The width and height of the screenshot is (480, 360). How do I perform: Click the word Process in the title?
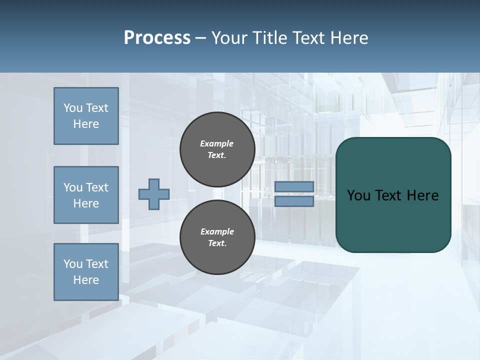[x=157, y=38]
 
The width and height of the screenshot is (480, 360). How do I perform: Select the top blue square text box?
[x=86, y=116]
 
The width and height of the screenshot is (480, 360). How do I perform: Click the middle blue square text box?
[x=86, y=195]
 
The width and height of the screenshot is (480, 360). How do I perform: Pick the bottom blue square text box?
[x=86, y=272]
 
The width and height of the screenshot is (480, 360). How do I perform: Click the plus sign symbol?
[x=154, y=194]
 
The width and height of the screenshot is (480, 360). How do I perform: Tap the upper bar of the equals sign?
[x=294, y=186]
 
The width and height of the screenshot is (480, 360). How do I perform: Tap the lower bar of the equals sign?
[x=294, y=201]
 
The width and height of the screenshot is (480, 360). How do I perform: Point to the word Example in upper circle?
[x=217, y=143]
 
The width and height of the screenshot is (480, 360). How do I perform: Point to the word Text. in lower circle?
[x=217, y=243]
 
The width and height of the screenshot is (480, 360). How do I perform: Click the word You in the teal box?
[x=358, y=195]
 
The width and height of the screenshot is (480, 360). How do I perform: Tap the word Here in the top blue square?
[x=86, y=124]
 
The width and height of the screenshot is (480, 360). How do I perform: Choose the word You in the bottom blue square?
[x=73, y=264]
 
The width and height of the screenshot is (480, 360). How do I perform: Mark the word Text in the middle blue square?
[x=96, y=187]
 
